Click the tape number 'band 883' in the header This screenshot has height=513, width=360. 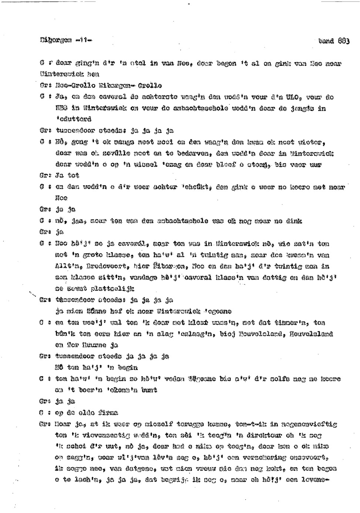pos(334,41)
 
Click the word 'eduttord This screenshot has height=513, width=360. pos(73,119)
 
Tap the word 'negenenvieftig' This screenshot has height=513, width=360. pos(309,424)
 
